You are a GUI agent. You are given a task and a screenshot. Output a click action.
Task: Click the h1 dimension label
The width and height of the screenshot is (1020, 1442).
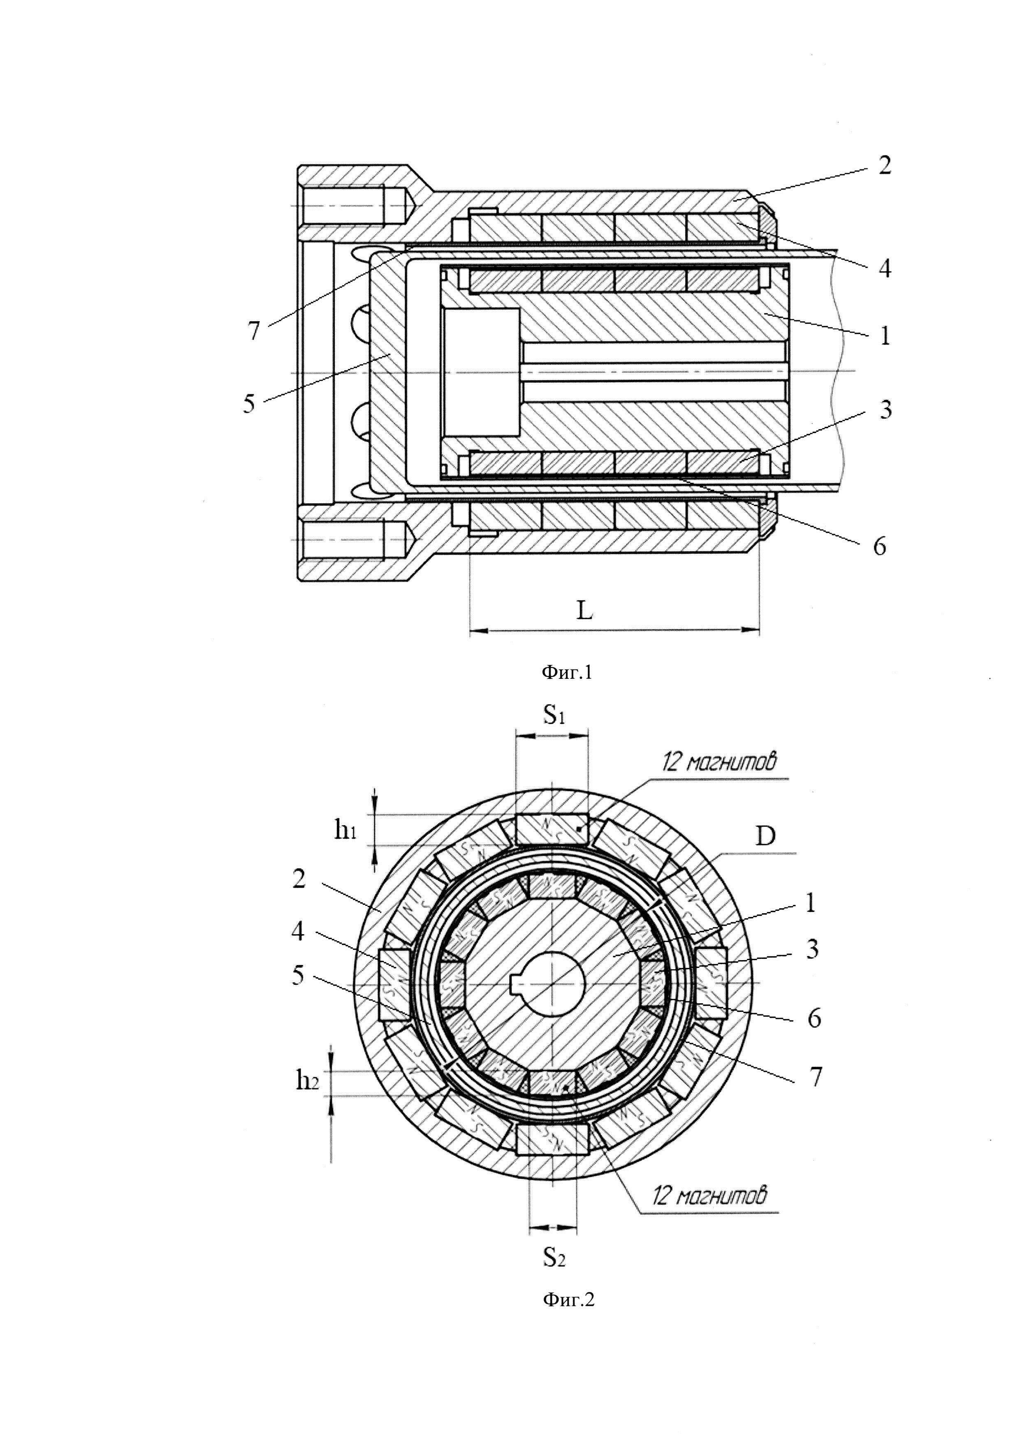coord(345,831)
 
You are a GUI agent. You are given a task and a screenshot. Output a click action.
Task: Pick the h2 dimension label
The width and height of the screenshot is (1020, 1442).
coord(307,1080)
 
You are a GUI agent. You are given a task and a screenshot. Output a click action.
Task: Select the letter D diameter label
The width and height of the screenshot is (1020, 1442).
coord(765,837)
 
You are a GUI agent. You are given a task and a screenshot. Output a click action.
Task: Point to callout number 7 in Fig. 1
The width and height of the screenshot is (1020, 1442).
coord(253,331)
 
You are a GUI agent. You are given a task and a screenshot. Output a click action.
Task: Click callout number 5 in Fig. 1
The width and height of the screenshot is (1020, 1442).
coord(249,404)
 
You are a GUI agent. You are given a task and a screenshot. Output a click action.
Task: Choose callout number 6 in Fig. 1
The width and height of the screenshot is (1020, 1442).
coord(879,546)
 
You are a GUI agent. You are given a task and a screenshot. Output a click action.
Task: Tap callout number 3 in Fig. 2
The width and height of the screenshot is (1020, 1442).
coord(813,949)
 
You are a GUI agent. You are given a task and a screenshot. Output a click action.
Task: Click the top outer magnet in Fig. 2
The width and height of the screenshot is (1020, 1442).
coord(552,829)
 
